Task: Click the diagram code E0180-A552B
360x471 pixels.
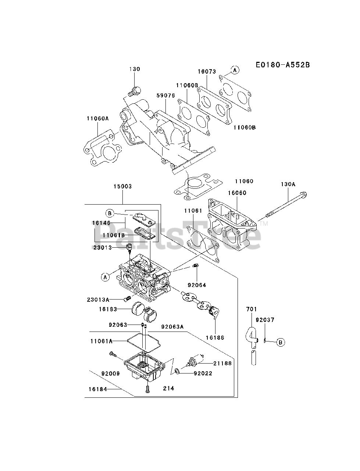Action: click(x=282, y=65)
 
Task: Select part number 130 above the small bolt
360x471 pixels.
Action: click(x=134, y=69)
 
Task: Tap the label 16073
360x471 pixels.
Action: click(x=207, y=72)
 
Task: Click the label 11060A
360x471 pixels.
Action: click(x=97, y=118)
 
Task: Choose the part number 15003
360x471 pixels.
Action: click(x=122, y=187)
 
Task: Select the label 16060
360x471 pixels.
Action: click(x=237, y=193)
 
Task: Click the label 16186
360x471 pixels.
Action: click(x=215, y=337)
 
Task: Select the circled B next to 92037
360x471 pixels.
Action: click(x=281, y=342)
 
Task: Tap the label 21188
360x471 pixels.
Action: click(x=222, y=363)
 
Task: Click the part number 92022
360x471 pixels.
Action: click(x=203, y=373)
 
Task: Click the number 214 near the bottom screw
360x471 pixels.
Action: click(x=168, y=388)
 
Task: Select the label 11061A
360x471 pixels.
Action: click(x=101, y=341)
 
